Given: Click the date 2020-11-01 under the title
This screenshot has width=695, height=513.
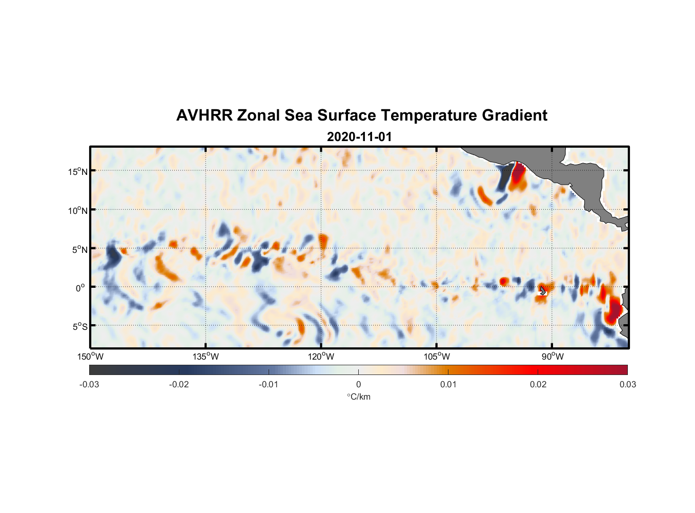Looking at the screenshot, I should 359,137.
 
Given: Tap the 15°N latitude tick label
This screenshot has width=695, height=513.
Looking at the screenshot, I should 78,171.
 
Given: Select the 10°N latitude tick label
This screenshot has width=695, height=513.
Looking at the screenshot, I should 78,210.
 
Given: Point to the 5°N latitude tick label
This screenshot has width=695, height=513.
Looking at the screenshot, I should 79,249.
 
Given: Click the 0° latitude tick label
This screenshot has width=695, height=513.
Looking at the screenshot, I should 80,288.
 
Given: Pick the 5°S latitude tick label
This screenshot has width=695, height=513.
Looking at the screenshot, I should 79,327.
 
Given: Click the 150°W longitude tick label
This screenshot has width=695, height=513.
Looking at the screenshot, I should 90,357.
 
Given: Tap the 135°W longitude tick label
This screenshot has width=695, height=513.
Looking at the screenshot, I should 206,357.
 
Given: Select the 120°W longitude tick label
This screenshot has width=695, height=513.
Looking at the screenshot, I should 321,357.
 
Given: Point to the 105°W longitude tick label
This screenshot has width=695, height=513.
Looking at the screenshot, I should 437,357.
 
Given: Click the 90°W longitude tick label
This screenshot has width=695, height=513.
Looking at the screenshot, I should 553,357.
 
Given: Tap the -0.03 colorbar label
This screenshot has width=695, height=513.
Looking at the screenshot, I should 89,384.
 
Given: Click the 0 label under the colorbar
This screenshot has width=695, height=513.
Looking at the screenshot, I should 358,384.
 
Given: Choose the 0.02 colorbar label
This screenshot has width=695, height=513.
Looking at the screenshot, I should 538,384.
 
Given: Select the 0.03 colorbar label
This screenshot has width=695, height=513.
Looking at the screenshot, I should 627,384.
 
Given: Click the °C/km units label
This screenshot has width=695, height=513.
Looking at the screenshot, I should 358,397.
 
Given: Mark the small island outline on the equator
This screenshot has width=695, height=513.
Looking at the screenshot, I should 543,291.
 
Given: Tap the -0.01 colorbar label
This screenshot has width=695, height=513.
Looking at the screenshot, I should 269,384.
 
